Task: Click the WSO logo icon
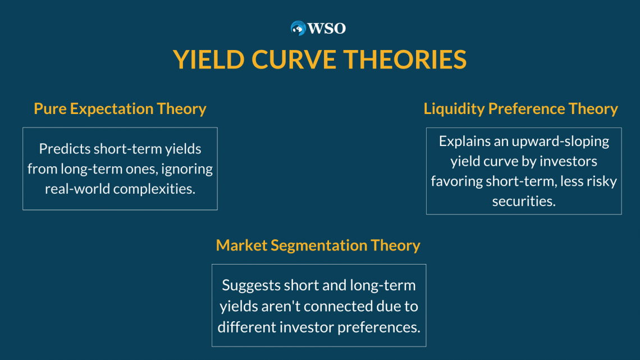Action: [298, 28]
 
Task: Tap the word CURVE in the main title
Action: [294, 60]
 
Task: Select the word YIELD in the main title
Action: [209, 60]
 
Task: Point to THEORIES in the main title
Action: [405, 60]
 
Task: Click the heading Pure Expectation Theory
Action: [120, 108]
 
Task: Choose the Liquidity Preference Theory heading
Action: [521, 108]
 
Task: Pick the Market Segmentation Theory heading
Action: [318, 245]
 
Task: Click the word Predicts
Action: [65, 149]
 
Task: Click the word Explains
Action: [464, 141]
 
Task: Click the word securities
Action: [524, 201]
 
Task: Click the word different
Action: [246, 327]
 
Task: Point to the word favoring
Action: [457, 181]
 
